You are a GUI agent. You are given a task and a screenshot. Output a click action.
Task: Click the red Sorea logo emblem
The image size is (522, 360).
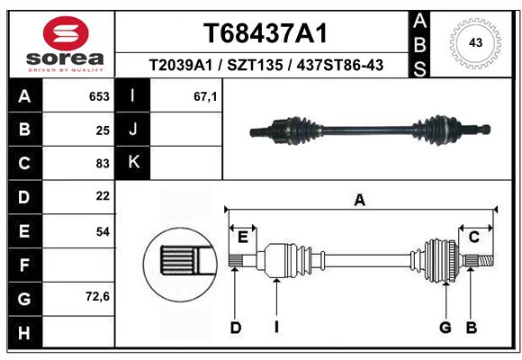[x=66, y=33]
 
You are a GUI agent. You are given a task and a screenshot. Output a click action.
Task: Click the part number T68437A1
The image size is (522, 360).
[x=265, y=33]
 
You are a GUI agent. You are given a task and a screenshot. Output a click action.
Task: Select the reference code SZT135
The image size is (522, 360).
[x=255, y=65]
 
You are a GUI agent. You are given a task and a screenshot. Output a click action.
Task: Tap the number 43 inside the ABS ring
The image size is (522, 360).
[x=475, y=42]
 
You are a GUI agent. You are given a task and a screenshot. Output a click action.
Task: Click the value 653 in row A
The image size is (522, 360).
[x=99, y=96]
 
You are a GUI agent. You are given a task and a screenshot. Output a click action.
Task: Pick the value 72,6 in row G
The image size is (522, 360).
[x=97, y=296]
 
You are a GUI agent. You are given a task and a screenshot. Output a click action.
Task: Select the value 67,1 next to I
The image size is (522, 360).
[x=205, y=97]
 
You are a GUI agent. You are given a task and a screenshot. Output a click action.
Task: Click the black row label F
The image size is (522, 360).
[x=24, y=265]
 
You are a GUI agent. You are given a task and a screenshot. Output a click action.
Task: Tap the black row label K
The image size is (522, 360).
[x=133, y=163]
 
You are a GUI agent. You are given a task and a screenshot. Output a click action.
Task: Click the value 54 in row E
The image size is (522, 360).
[x=103, y=231]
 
